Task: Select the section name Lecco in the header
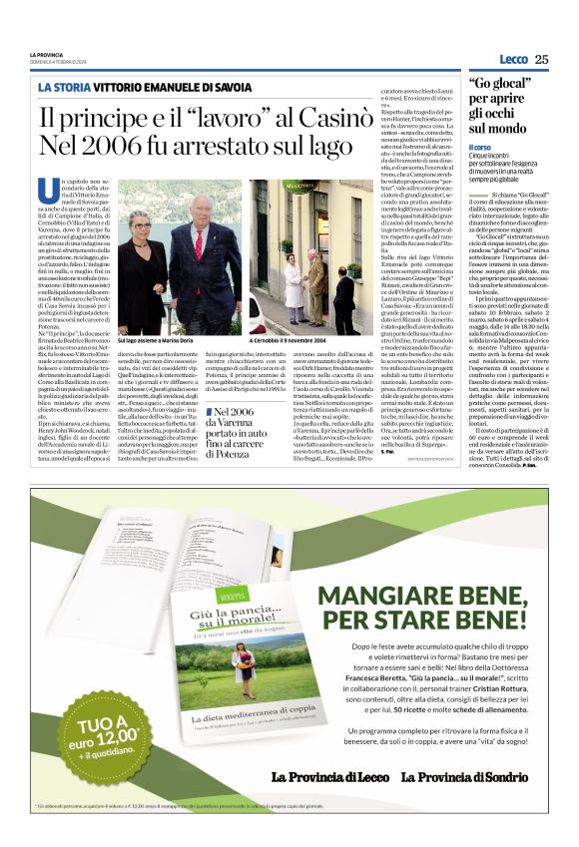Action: [x=513, y=59]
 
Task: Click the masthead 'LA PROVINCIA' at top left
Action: [x=46, y=54]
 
